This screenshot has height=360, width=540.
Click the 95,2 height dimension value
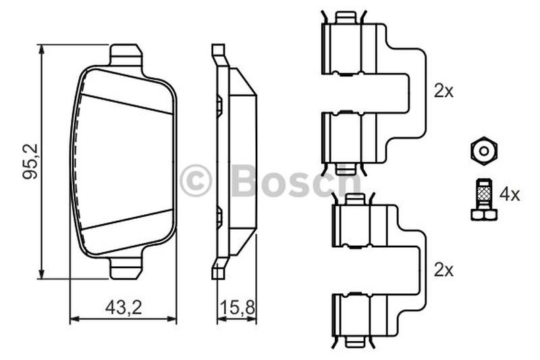click(x=30, y=161)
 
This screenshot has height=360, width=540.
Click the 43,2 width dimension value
click(x=124, y=307)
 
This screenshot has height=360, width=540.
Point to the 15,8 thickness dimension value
click(x=238, y=307)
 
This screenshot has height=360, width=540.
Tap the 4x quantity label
click(x=510, y=195)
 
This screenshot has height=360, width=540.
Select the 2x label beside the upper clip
click(x=443, y=91)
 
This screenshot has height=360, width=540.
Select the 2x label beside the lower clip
click(x=443, y=270)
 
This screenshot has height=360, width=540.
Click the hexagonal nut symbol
click(x=484, y=151)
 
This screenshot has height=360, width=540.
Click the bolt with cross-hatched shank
click(x=484, y=200)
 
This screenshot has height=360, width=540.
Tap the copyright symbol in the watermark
click(x=195, y=181)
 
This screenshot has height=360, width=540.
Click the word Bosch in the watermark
click(x=296, y=180)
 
